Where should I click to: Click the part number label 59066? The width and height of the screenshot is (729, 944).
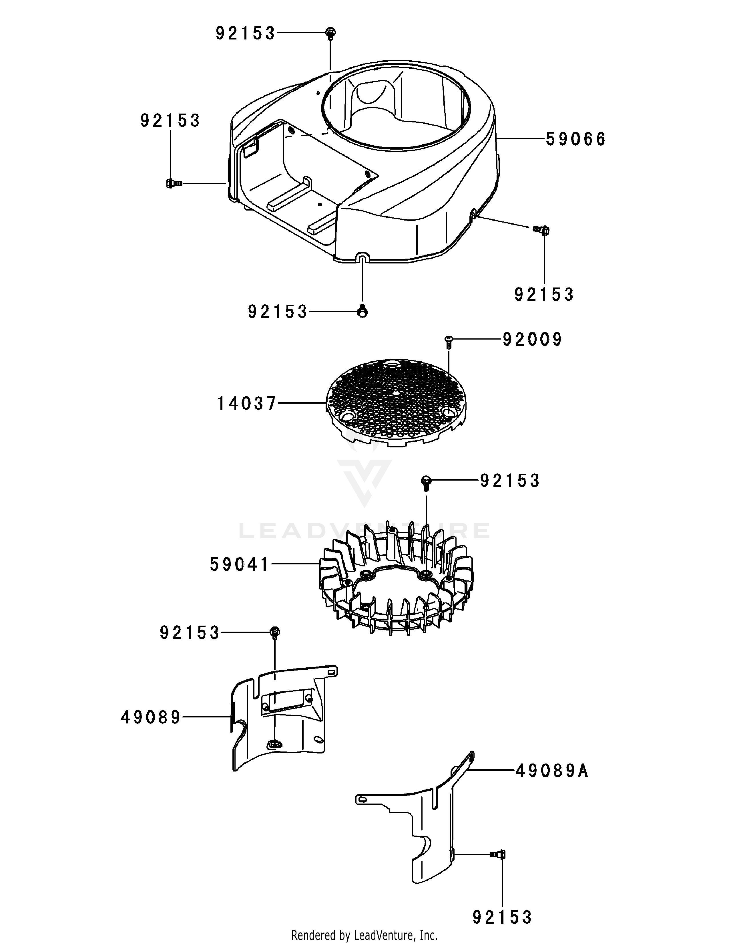click(576, 140)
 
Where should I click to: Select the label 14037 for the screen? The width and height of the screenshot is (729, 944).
click(246, 404)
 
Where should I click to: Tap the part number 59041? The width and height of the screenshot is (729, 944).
click(240, 564)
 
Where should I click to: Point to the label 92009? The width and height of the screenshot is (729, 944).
click(532, 340)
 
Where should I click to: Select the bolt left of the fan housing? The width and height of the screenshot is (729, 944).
click(174, 184)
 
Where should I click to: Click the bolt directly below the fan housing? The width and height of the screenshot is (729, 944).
click(363, 311)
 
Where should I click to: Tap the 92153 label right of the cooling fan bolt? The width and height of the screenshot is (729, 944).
click(510, 481)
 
